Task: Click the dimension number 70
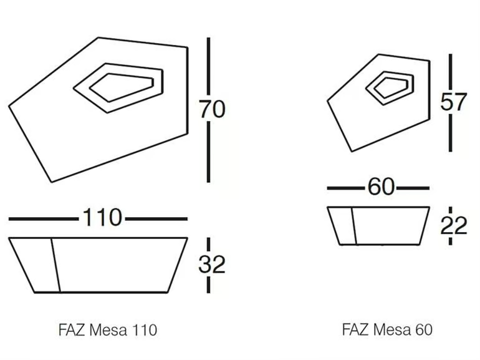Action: pyautogui.click(x=213, y=109)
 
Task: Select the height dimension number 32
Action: pyautogui.click(x=212, y=264)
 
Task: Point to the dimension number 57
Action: pyautogui.click(x=454, y=102)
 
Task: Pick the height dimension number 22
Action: pyautogui.click(x=454, y=225)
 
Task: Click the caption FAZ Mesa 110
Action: pyautogui.click(x=108, y=330)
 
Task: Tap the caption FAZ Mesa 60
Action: pyautogui.click(x=387, y=329)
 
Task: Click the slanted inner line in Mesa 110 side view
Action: pyautogui.click(x=55, y=265)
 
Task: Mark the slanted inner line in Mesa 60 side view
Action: pyautogui.click(x=354, y=226)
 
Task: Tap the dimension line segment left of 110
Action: pyautogui.click(x=43, y=219)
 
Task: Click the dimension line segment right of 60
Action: pyautogui.click(x=413, y=188)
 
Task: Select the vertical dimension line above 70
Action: pyautogui.click(x=208, y=66)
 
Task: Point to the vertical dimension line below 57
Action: pyautogui.click(x=450, y=133)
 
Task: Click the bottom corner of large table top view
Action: pyautogui.click(x=51, y=182)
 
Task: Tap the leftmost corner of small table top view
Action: pyautogui.click(x=327, y=100)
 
